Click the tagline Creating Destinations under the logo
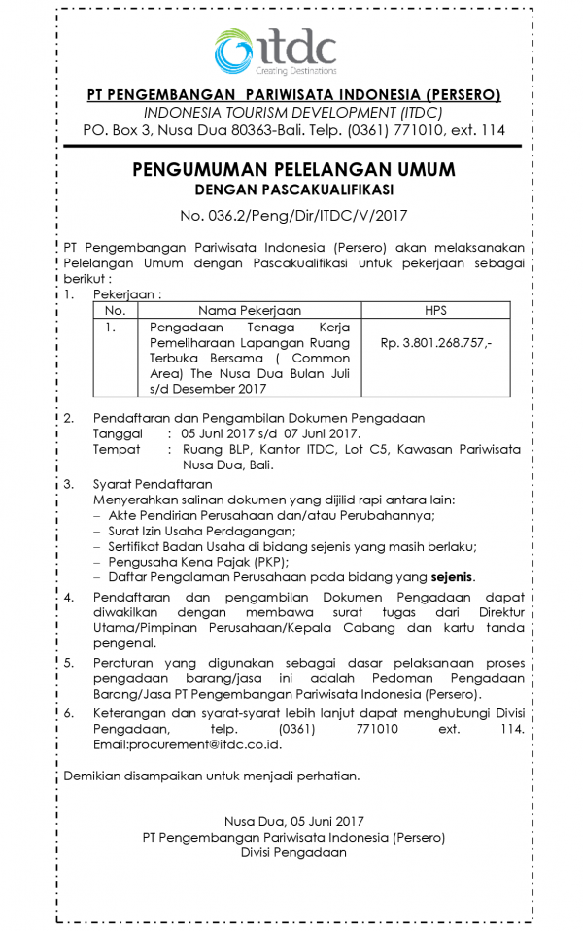pos(296,72)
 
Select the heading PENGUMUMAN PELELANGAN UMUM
pos(292,169)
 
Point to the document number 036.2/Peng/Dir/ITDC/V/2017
pos(292,214)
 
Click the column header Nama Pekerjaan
pos(249,310)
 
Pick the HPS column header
pos(435,310)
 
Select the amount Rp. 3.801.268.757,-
pos(436,343)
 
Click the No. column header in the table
pos(115,310)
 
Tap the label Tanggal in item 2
pos(117,433)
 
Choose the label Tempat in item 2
pos(116,449)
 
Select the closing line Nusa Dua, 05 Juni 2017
pos(292,821)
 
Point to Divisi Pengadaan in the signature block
pos(292,852)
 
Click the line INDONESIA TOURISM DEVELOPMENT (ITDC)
pos(292,112)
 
